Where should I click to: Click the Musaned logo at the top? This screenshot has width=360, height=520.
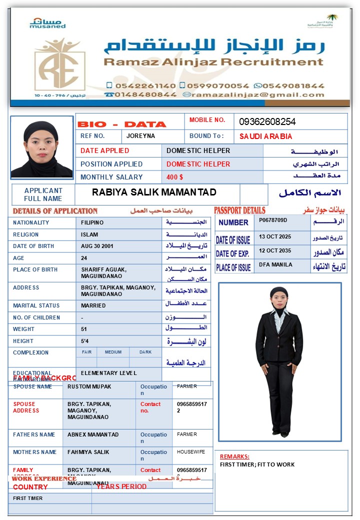(x=47, y=23)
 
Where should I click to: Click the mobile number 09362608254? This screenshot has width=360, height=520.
(x=267, y=121)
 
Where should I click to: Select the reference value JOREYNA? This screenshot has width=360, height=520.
(x=140, y=136)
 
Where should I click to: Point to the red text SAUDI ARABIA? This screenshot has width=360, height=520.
(x=265, y=136)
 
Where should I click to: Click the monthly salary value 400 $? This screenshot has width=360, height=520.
(x=174, y=177)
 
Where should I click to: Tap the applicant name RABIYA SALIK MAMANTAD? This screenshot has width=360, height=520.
(x=154, y=192)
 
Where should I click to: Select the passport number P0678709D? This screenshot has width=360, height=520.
(x=273, y=220)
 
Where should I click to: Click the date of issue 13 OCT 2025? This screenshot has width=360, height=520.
(x=274, y=236)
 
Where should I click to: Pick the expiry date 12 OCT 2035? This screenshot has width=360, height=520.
(x=274, y=250)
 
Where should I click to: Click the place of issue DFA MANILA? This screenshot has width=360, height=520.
(x=275, y=264)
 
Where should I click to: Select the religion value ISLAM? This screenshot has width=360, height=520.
(x=89, y=234)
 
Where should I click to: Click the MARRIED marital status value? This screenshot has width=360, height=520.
(x=93, y=305)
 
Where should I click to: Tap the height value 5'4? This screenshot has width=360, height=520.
(x=84, y=341)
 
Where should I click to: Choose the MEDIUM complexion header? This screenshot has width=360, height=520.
(x=113, y=352)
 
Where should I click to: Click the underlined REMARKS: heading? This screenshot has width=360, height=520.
(x=234, y=456)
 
